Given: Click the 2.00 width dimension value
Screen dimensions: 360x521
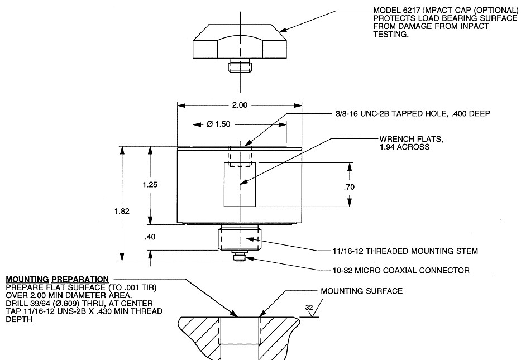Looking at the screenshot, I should [x=239, y=105].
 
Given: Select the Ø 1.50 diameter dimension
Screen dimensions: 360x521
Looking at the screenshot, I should [x=218, y=124].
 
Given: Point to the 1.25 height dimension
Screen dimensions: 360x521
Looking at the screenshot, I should [x=149, y=185].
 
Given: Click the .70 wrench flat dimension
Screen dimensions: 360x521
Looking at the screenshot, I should [x=350, y=188].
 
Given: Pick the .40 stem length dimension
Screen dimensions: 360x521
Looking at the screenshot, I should [x=149, y=237].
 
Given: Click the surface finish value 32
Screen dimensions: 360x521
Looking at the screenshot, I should [x=309, y=307].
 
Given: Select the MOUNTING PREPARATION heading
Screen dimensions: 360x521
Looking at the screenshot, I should [x=57, y=279].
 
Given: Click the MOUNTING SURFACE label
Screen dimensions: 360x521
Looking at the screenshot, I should [x=361, y=291].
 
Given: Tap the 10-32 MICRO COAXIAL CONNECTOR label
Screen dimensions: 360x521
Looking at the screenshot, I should [x=400, y=271].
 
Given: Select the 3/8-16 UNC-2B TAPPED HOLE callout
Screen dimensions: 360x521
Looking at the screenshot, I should [x=409, y=114].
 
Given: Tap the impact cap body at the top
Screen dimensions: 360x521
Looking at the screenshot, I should [x=240, y=46].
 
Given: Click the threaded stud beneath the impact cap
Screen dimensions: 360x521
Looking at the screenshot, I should [x=240, y=68].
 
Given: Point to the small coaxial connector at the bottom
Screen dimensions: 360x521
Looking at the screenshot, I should [x=240, y=257].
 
